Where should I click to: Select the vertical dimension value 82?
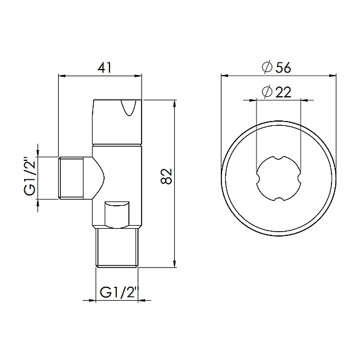coord(169,176)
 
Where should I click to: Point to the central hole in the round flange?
coord(278,179)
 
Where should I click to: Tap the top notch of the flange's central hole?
coord(278,159)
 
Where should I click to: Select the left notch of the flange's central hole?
coord(258,179)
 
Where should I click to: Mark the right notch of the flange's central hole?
coord(299,179)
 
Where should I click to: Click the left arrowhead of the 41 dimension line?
coord(61,76)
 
